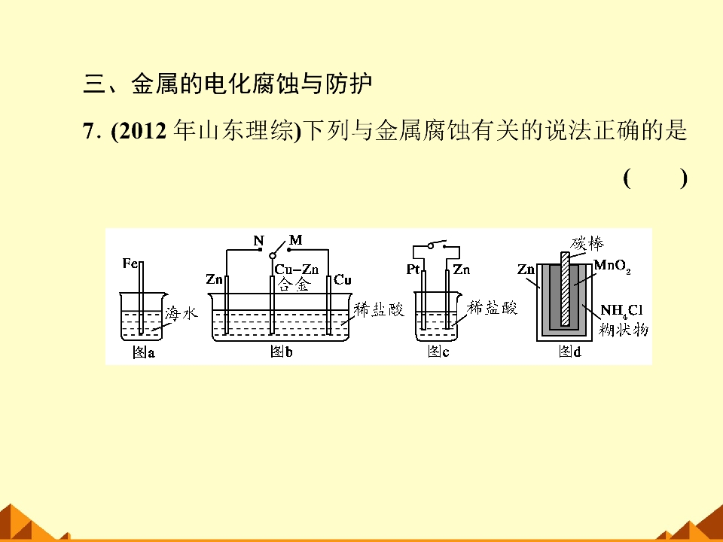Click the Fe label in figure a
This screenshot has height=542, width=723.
point(130,263)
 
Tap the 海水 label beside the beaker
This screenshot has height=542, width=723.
point(181,313)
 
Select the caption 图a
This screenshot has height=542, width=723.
point(143,352)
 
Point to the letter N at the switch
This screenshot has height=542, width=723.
point(258,241)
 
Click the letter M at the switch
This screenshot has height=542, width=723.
point(295,240)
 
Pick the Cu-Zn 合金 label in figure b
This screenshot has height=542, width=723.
point(296,276)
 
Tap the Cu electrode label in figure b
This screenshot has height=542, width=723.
point(343,280)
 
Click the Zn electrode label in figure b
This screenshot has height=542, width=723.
point(214,279)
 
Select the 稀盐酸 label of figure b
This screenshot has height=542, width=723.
point(379,309)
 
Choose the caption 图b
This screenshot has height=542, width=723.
point(281,352)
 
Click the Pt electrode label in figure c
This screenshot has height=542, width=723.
point(413,269)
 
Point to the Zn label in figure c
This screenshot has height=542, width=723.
point(461,269)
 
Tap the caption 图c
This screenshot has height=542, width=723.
point(438,352)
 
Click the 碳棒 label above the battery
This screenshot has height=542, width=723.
point(587,243)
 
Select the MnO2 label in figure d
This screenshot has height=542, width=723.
point(612,266)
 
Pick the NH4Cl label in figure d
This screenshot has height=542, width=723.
point(621,311)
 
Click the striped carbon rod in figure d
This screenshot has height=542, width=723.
point(566,289)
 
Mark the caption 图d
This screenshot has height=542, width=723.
point(570,352)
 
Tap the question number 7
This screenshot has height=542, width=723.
point(89,131)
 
